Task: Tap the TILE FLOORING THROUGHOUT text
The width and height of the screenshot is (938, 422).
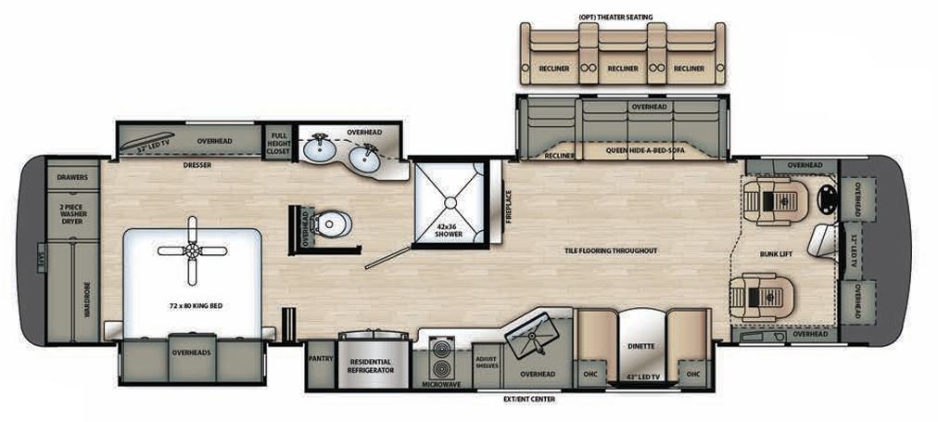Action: click(611, 250)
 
